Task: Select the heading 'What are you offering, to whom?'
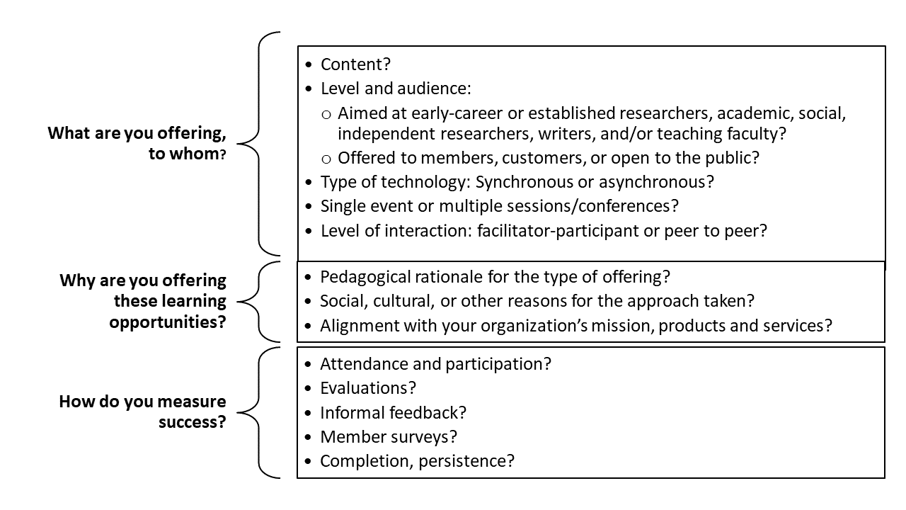pyautogui.click(x=137, y=144)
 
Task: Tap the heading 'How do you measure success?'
pyautogui.click(x=142, y=412)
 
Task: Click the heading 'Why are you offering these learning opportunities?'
pyautogui.click(x=142, y=301)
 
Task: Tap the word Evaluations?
pyautogui.click(x=367, y=388)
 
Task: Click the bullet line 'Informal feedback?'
pyautogui.click(x=393, y=413)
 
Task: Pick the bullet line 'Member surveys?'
pyautogui.click(x=389, y=437)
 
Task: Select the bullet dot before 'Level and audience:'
pyautogui.click(x=308, y=89)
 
